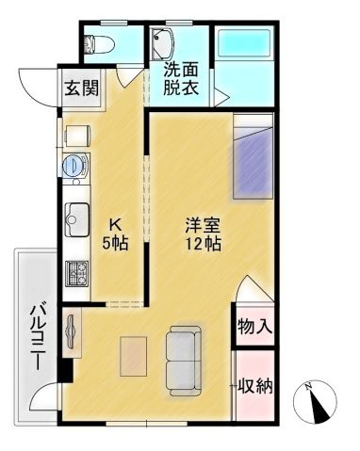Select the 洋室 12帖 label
pos(202,234)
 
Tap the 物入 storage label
pos(254,328)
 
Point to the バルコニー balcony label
pos(39,334)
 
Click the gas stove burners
pos(75,276)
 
